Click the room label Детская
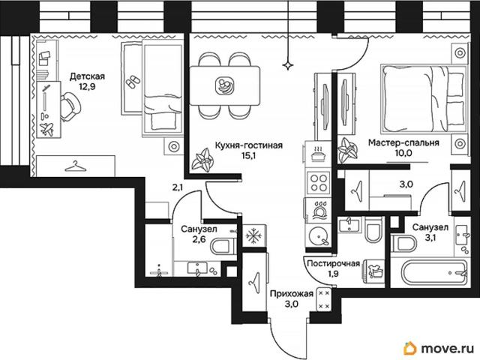pyautogui.click(x=87, y=76)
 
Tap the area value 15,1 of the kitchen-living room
pyautogui.click(x=248, y=156)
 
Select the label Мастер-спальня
pyautogui.click(x=403, y=142)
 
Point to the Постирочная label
pyautogui.click(x=333, y=263)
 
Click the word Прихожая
pyautogui.click(x=292, y=293)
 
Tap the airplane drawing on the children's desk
pyautogui.click(x=46, y=128)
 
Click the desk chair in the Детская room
pyautogui.click(x=70, y=106)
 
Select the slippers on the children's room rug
pyautogui.click(x=133, y=82)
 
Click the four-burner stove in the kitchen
pyautogui.click(x=318, y=182)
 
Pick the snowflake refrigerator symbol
pyautogui.click(x=254, y=236)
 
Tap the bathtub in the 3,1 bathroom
pyautogui.click(x=430, y=271)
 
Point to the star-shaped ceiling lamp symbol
pyautogui.click(x=288, y=65)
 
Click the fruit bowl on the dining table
pyautogui.click(x=224, y=85)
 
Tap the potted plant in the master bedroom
pyautogui.click(x=347, y=149)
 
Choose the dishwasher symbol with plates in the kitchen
pyautogui.click(x=319, y=210)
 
